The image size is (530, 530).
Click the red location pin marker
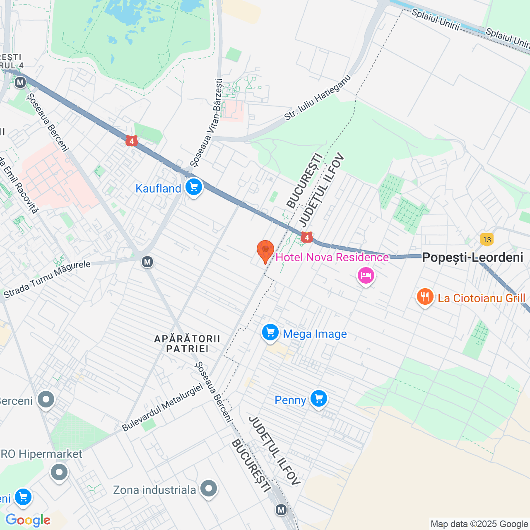(x=265, y=251)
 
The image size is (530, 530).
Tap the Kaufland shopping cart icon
(x=193, y=187)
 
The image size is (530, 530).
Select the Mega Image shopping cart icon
(x=270, y=332)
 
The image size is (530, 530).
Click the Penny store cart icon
(x=318, y=399)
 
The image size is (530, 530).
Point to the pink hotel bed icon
(x=366, y=275)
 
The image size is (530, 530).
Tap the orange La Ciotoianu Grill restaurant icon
(x=425, y=297)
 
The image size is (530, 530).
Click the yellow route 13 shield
(x=487, y=239)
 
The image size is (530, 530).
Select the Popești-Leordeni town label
(x=472, y=257)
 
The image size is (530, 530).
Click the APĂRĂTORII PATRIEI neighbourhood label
(x=187, y=344)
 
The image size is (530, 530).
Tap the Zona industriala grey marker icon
(x=209, y=489)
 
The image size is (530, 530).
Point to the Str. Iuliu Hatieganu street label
(x=317, y=98)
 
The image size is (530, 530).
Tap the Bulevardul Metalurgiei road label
(x=162, y=407)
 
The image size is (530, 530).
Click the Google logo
(x=28, y=520)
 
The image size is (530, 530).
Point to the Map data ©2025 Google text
(x=479, y=524)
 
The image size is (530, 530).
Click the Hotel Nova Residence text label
(x=332, y=257)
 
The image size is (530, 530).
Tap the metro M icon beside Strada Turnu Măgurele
(x=147, y=262)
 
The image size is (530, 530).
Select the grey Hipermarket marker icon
(x=59, y=472)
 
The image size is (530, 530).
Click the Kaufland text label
(x=158, y=188)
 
